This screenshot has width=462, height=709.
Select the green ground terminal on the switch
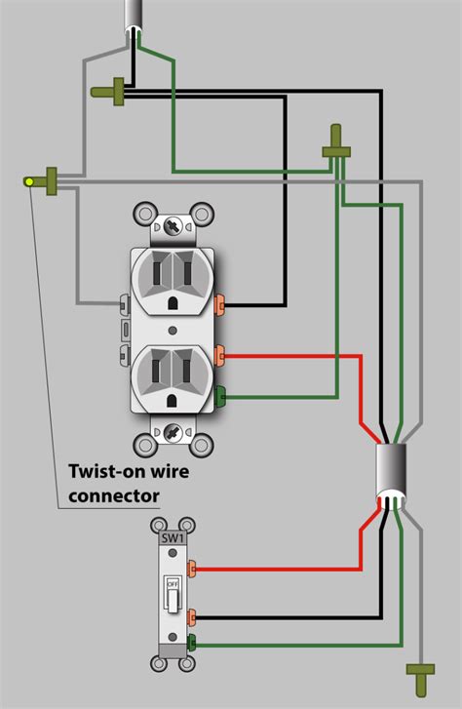point(193,643)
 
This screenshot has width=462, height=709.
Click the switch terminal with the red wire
point(194,567)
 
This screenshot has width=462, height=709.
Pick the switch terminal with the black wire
point(194,616)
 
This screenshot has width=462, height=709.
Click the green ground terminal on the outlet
point(220,395)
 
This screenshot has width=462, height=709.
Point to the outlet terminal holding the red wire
point(220,354)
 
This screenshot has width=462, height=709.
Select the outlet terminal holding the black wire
point(220,304)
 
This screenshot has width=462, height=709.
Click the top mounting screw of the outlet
point(174,227)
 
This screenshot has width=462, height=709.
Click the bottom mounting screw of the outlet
point(174,430)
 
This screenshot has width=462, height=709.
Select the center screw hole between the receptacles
point(174,328)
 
